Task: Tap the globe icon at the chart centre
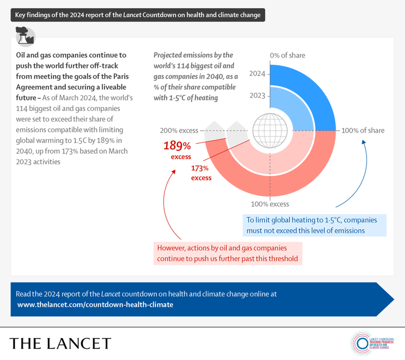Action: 270,130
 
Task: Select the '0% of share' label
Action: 288,55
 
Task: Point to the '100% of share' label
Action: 363,130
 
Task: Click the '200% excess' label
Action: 179,130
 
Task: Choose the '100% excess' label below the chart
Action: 270,204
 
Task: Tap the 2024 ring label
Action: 258,74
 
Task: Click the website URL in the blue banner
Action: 95,304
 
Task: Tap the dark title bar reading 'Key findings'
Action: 137,15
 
